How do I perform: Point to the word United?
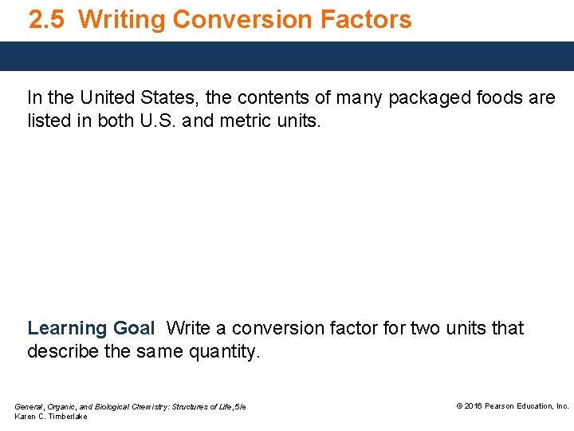pos(101,98)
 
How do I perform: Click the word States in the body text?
pos(170,98)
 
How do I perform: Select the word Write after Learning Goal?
pos(189,328)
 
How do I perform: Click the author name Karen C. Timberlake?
pos(51,417)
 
